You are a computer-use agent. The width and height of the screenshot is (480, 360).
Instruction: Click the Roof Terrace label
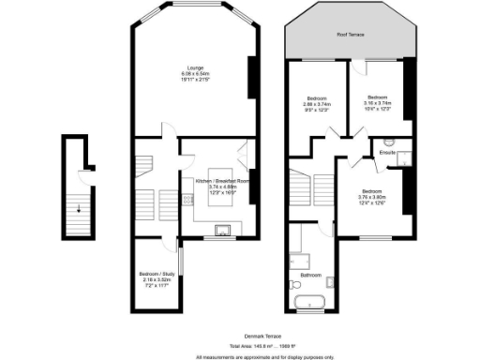(350, 34)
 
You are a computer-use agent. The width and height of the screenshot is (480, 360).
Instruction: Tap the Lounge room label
(194, 67)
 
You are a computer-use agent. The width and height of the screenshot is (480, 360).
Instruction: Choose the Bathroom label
(311, 275)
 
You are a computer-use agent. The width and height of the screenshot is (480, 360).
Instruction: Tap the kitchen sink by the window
(223, 229)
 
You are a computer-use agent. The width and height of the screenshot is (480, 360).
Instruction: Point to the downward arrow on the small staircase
(79, 208)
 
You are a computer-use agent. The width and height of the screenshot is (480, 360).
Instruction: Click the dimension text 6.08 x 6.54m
(194, 73)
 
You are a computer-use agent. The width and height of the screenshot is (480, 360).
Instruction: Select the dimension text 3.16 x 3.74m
(378, 103)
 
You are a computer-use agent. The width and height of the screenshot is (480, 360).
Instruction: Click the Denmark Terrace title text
(240, 334)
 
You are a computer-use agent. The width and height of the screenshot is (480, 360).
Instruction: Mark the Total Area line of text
(240, 345)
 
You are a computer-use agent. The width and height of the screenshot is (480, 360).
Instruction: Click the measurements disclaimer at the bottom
(240, 356)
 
